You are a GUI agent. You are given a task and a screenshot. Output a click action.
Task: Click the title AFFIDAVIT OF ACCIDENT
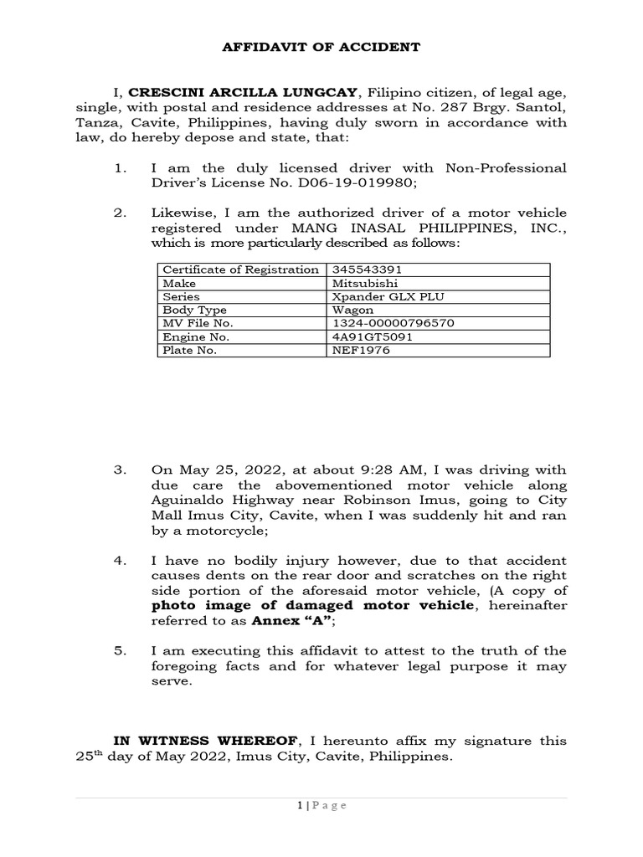pyautogui.click(x=321, y=48)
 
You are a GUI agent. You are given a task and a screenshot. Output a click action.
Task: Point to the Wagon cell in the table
pyautogui.click(x=353, y=310)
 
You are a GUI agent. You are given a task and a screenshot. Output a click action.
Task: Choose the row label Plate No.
pyautogui.click(x=189, y=350)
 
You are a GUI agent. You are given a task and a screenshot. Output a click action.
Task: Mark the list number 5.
pyautogui.click(x=120, y=650)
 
